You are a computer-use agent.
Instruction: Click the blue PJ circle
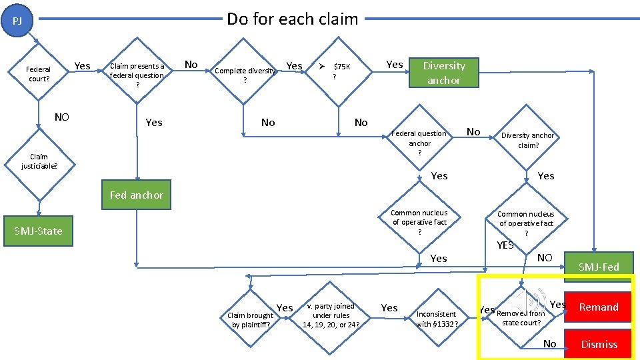pos(18,21)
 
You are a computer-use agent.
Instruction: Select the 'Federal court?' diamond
pos(38,74)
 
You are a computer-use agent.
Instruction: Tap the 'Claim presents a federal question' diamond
pos(137,75)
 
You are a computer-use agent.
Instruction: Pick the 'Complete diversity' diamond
pos(245,74)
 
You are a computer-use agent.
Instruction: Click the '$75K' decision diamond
pos(337,71)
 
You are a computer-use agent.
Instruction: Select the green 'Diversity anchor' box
pos(444,73)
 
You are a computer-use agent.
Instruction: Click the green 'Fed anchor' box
pos(137,195)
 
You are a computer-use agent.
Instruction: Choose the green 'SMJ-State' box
pos(38,231)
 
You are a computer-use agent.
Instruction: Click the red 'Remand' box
pos(598,307)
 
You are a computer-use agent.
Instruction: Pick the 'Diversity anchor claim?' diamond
pos(527,140)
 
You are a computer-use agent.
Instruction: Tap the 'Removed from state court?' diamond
pos(521,317)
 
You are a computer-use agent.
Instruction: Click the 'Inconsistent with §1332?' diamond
pos(437,318)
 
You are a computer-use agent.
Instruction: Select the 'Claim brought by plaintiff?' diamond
pos(251,319)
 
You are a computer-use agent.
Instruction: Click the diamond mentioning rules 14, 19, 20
pos(331,315)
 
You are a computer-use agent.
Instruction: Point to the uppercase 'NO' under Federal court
pos(61,117)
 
